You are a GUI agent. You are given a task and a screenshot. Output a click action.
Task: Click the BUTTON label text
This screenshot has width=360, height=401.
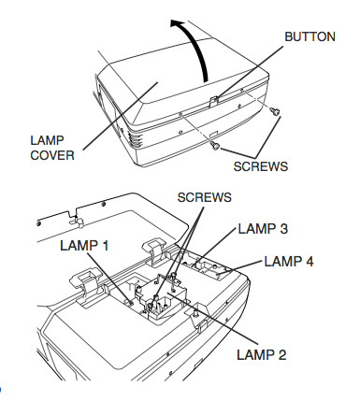tap(310, 36)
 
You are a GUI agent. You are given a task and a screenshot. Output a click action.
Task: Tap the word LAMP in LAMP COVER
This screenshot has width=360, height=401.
tap(47, 140)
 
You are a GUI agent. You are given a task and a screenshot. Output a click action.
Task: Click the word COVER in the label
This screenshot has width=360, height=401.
tap(52, 155)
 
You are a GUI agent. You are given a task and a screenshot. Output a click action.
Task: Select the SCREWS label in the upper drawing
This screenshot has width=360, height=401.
tap(261, 166)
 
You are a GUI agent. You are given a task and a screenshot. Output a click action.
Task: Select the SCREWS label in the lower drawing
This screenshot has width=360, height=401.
tap(205, 197)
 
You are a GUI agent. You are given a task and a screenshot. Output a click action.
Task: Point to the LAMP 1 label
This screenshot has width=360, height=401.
tap(84, 246)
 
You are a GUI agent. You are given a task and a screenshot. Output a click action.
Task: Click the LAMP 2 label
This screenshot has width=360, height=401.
tap(261, 354)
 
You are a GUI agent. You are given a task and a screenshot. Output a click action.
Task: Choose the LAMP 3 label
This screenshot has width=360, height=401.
tap(263, 229)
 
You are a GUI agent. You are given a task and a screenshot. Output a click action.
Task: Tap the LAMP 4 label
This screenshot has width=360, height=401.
tap(289, 262)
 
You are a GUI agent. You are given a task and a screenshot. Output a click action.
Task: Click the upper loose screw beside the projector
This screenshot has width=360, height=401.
tap(275, 111)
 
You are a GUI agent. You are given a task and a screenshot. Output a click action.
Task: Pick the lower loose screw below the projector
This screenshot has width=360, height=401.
tap(215, 145)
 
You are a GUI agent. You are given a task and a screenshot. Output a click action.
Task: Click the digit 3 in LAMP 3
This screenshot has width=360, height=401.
tap(283, 229)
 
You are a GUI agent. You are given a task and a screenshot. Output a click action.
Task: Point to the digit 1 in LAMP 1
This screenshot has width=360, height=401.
tap(105, 246)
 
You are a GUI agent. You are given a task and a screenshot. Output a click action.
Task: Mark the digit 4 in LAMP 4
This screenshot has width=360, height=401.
tap(309, 262)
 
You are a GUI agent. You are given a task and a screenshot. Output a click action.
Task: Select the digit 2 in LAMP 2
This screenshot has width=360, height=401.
tap(281, 354)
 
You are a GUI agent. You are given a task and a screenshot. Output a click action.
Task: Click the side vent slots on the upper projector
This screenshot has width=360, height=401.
tap(133, 140)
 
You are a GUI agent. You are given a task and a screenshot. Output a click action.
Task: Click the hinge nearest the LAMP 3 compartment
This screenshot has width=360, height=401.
tap(155, 251)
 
